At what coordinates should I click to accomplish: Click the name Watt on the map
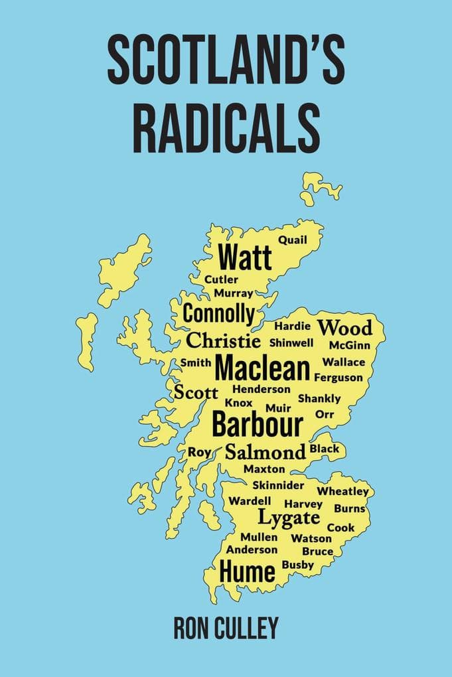click(245, 256)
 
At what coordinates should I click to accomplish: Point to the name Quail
click(293, 240)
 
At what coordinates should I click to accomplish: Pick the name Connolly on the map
click(218, 313)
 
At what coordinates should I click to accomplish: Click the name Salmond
click(265, 453)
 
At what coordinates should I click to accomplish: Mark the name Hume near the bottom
click(247, 571)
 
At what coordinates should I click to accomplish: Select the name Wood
click(344, 328)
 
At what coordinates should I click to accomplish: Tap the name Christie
click(223, 341)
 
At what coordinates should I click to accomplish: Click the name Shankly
click(319, 399)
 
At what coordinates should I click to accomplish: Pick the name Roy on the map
click(199, 452)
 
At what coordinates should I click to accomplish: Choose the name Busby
click(298, 564)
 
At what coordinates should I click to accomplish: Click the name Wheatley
click(342, 491)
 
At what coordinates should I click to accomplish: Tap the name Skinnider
click(278, 485)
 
